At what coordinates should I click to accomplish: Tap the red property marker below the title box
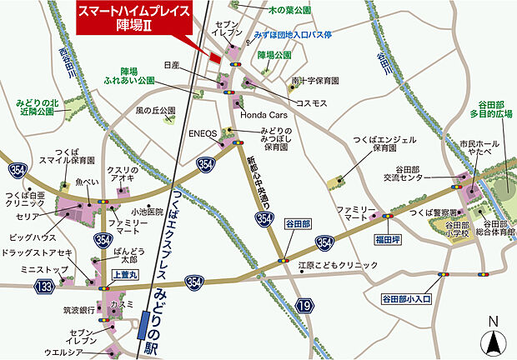coord(215,57)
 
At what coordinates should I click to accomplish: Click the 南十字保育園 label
coord(315,81)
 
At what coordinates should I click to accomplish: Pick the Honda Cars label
coord(264,115)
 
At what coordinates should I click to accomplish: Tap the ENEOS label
coord(203,132)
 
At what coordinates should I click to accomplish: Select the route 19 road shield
coord(306,307)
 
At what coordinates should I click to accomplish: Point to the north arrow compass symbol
coord(494,338)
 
